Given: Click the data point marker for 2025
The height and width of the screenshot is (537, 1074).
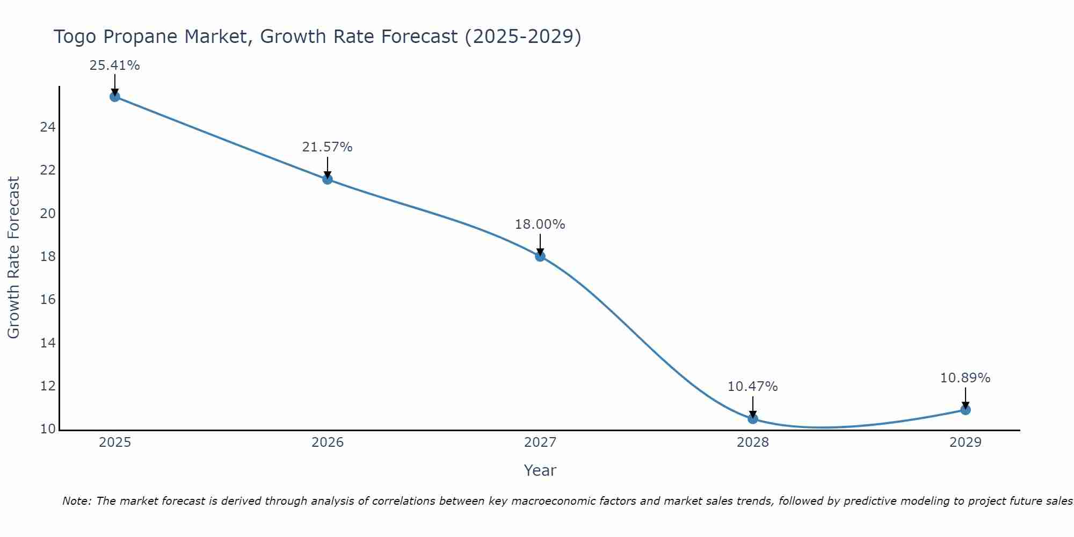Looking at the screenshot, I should tap(114, 97).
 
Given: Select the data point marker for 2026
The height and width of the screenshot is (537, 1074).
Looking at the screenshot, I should tap(328, 179).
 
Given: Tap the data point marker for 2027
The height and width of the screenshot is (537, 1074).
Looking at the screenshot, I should tap(540, 256).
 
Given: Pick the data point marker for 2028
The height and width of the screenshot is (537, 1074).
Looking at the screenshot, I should tap(753, 418).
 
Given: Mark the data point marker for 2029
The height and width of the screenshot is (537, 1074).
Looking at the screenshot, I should tap(966, 410).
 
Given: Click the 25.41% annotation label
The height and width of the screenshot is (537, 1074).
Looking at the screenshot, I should tap(114, 66).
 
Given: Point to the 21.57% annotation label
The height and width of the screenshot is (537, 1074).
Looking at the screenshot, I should tap(327, 147).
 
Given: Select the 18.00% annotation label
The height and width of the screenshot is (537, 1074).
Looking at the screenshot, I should tap(540, 224).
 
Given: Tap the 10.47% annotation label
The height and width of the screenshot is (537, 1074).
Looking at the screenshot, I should tap(752, 387).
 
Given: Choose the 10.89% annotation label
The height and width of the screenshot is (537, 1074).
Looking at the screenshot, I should tap(965, 378).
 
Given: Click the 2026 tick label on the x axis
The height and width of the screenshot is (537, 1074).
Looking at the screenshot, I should tap(328, 442).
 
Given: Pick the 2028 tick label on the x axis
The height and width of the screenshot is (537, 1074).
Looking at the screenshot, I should tap(753, 442).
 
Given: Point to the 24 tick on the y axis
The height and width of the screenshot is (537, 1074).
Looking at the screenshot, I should tap(48, 128).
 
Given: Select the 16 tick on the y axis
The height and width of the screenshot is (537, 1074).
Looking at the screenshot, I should tap(48, 300).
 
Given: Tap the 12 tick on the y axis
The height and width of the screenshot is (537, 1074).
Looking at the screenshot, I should tap(48, 386).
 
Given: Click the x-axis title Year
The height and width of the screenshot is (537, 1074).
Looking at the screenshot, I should tap(540, 470).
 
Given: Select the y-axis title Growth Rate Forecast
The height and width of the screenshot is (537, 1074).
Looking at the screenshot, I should tap(13, 258).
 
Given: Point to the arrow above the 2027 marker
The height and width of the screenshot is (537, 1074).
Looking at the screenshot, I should tap(540, 245).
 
